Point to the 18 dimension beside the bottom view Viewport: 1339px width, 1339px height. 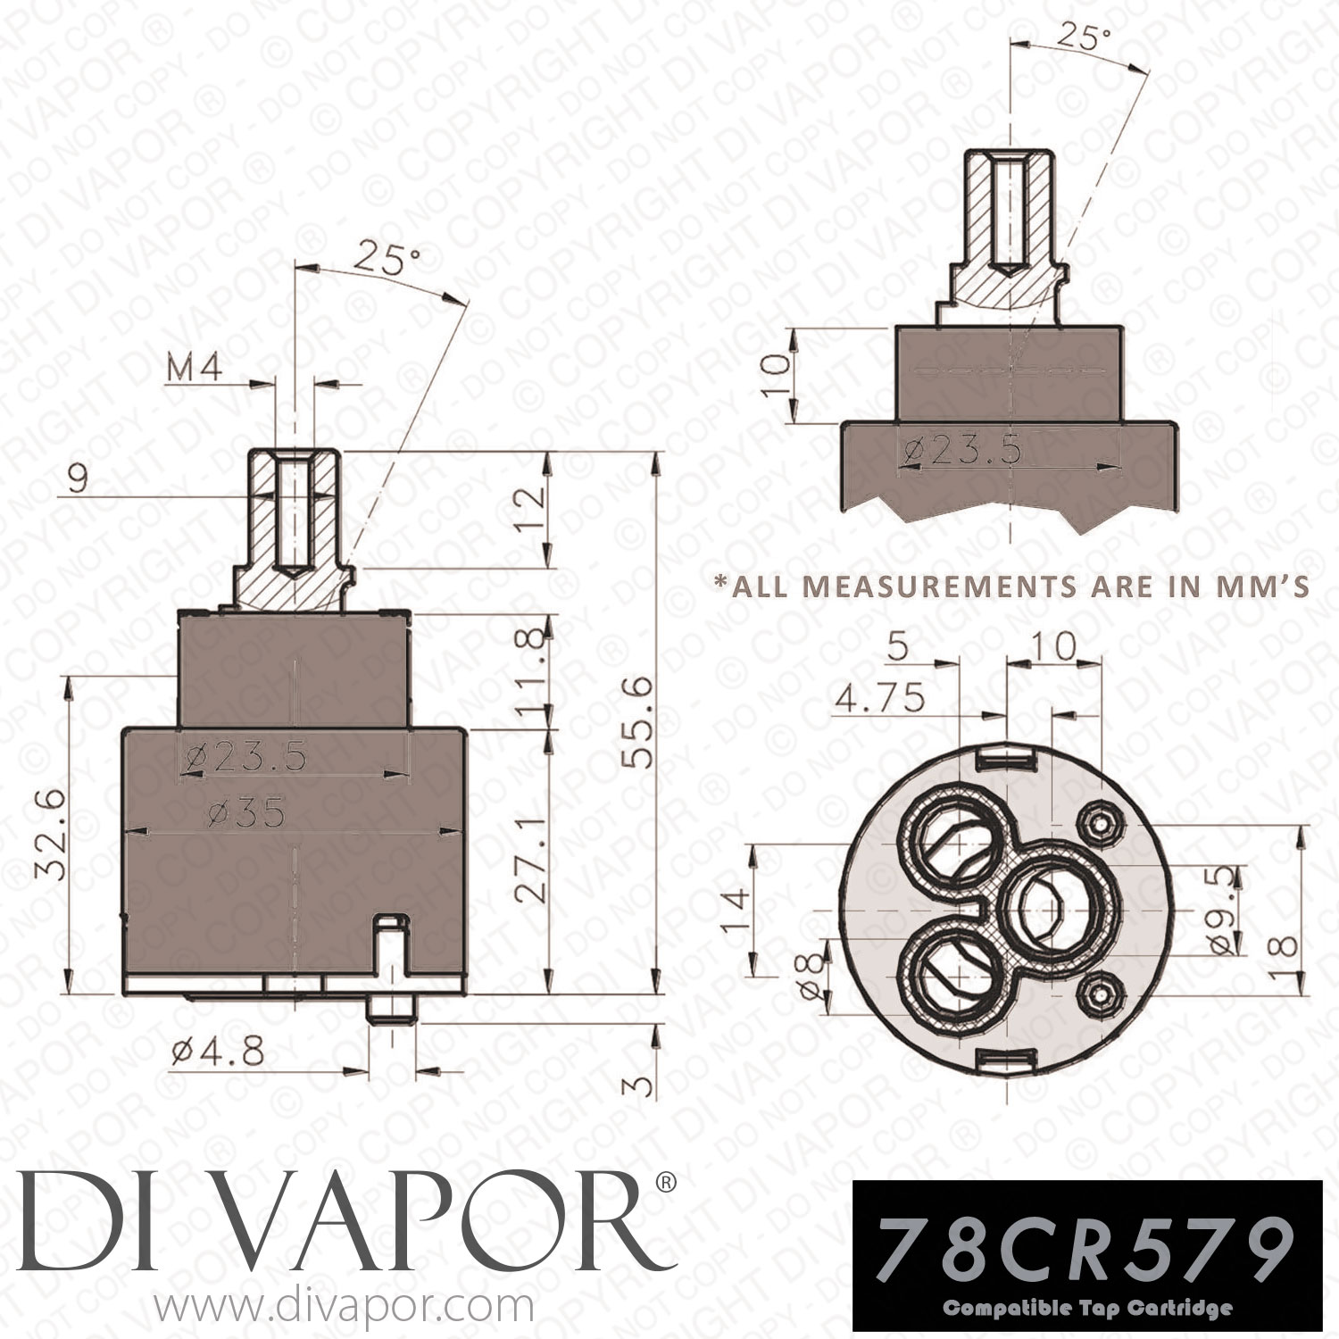coord(1280,935)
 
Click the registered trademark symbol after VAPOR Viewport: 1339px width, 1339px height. coord(666,1184)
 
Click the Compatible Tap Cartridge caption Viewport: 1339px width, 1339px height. coord(1087,1310)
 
